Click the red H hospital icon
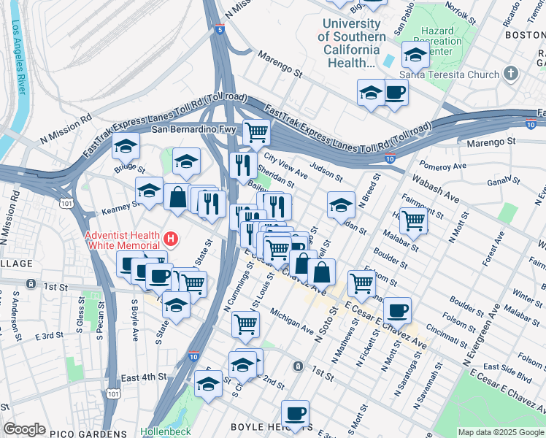171,238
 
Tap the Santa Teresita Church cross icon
511,74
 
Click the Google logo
24,429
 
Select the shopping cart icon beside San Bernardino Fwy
256,132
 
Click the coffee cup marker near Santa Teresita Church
395,92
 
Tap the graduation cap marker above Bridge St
126,146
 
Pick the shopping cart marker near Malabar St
414,219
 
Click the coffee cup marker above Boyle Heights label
295,413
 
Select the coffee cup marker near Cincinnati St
397,310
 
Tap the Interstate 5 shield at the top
220,30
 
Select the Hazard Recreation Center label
437,42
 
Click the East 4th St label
144,377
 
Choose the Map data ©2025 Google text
500,432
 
